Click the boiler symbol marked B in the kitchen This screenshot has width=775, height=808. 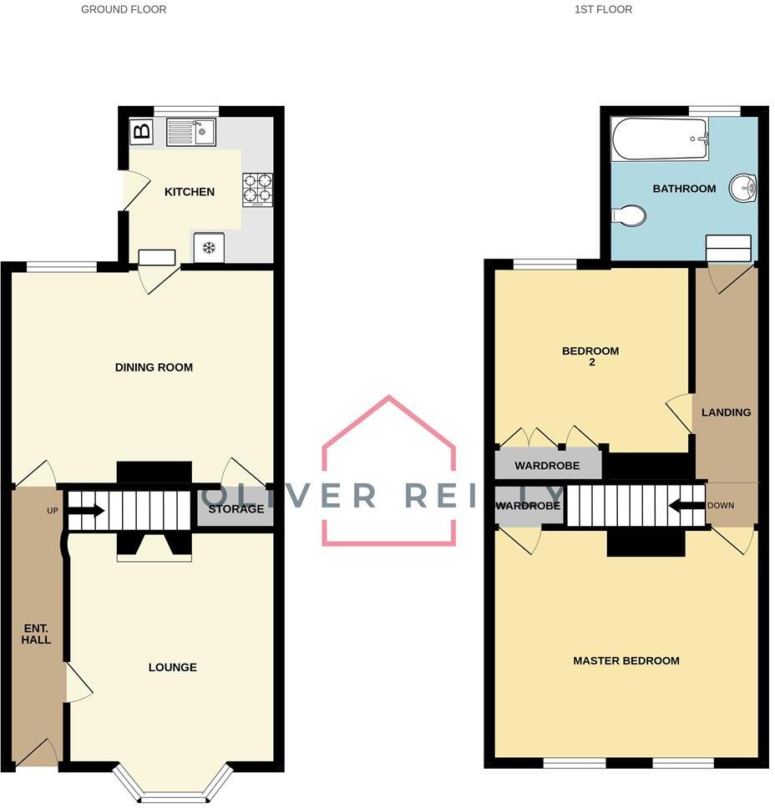pyautogui.click(x=142, y=131)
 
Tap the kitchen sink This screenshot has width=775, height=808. pyautogui.click(x=190, y=132)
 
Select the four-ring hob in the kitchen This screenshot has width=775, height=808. pyautogui.click(x=257, y=189)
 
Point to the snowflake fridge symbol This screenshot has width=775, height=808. pyautogui.click(x=210, y=247)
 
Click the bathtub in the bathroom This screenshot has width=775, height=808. pyautogui.click(x=660, y=139)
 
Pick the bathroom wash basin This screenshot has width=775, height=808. pyautogui.click(x=742, y=188)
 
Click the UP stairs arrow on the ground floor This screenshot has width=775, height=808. pyautogui.click(x=89, y=511)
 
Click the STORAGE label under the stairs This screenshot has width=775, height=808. pyautogui.click(x=236, y=509)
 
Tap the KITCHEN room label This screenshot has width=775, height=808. pyautogui.click(x=190, y=192)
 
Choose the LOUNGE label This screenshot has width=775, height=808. pyautogui.click(x=173, y=667)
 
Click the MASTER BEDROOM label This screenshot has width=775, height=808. pyautogui.click(x=626, y=660)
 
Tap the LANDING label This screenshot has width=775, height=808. pyautogui.click(x=726, y=412)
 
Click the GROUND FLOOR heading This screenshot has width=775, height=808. pyautogui.click(x=124, y=10)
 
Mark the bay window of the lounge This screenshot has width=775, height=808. pyautogui.click(x=172, y=785)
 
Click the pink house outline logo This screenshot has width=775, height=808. pyautogui.click(x=389, y=471)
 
